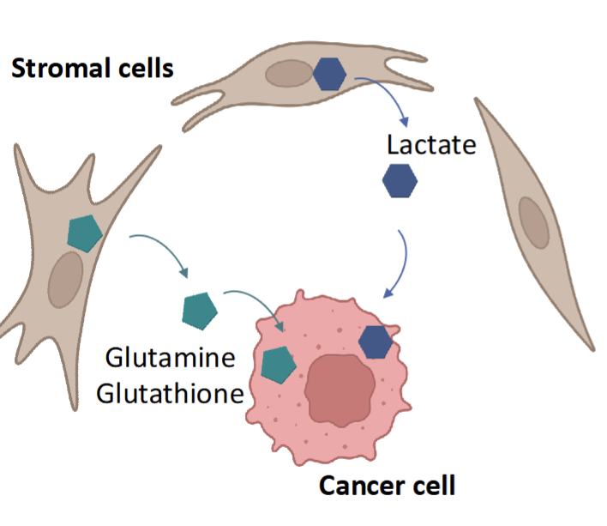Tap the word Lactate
[430, 144]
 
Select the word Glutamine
[170, 356]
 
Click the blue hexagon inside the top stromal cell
[329, 75]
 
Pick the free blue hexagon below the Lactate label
[400, 182]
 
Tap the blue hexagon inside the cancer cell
[376, 341]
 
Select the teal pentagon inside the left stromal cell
[85, 232]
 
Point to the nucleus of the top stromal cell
[289, 75]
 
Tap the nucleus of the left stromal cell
[66, 280]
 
